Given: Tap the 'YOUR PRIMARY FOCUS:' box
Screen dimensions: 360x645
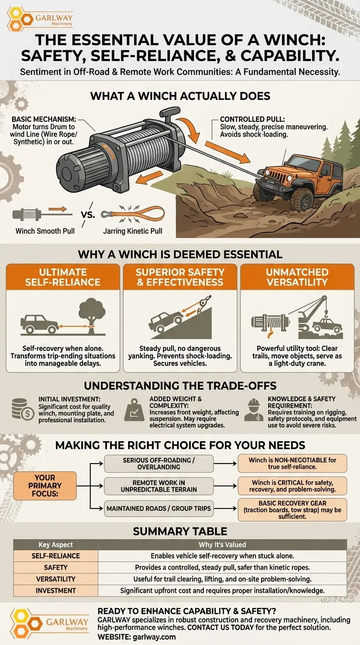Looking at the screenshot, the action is point(45,486).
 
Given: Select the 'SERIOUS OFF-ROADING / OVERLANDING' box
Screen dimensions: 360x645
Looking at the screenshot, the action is point(159,464).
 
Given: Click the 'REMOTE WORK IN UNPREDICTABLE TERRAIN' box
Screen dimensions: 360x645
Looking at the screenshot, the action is point(159,486).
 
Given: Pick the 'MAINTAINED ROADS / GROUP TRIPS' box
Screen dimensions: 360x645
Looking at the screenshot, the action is point(159,509).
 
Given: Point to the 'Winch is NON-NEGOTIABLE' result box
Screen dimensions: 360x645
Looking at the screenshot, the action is point(292,464).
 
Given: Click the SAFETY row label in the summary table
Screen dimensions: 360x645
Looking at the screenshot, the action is point(56,568).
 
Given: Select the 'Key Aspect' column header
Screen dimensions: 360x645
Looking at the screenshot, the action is point(56,545).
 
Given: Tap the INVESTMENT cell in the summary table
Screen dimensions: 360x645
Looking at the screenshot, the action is point(56,591).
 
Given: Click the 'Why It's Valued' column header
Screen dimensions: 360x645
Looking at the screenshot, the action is point(222,545).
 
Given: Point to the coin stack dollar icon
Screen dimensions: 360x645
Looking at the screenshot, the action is point(23,409).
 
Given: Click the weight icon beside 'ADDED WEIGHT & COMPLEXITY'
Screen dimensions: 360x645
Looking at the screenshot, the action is point(134,410).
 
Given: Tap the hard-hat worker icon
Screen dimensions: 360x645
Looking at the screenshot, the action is point(254,410).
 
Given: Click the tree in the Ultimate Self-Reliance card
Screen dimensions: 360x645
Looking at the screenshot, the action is point(92,316).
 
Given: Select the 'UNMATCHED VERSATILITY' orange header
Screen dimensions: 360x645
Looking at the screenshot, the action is point(297,277).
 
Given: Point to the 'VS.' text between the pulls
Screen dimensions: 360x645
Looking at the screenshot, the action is point(88,215).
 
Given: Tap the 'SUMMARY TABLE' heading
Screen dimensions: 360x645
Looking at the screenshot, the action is point(180,531).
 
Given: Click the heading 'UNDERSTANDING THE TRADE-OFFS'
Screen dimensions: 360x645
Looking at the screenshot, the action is point(180,386).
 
